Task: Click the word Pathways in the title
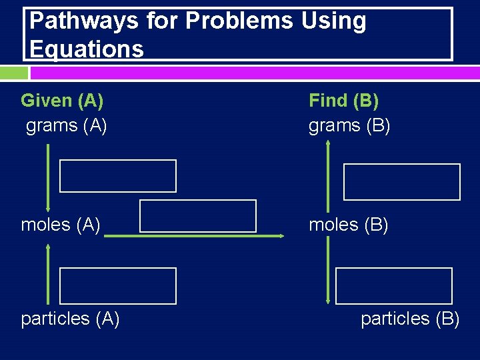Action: (x=72, y=21)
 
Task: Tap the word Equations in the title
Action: (x=87, y=49)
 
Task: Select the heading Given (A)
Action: (x=62, y=101)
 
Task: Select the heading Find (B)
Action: (x=343, y=101)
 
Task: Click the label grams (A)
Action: (x=66, y=125)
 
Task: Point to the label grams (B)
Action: (x=349, y=125)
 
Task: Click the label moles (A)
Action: (x=61, y=225)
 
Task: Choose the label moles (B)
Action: (x=349, y=225)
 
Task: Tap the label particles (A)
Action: (x=70, y=319)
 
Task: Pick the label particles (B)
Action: (x=410, y=319)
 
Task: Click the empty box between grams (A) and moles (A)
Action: (x=118, y=176)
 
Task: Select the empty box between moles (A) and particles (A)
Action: (x=118, y=286)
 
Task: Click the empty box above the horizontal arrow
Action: (x=198, y=216)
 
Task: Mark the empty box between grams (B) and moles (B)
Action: (x=402, y=182)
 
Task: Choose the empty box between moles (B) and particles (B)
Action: (x=394, y=286)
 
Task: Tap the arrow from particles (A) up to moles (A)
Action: (x=48, y=273)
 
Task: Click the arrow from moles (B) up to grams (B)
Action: (x=328, y=177)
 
